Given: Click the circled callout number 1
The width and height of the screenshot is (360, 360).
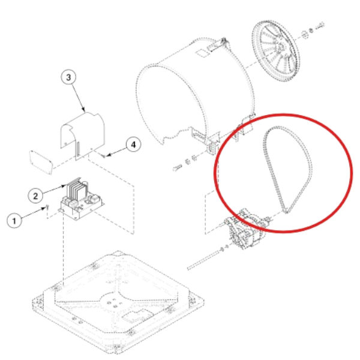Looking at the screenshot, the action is pyautogui.click(x=14, y=220).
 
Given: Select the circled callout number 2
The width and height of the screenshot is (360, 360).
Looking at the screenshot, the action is pyautogui.click(x=35, y=196).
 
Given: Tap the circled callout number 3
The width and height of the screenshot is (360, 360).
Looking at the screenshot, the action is pyautogui.click(x=68, y=77).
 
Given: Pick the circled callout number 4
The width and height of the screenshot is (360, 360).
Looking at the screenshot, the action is pyautogui.click(x=133, y=145).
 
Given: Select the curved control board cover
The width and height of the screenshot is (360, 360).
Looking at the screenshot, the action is pyautogui.click(x=83, y=136).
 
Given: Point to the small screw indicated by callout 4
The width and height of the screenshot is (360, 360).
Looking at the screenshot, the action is pyautogui.click(x=103, y=156).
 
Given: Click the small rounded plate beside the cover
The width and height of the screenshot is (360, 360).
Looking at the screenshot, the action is pyautogui.click(x=41, y=163).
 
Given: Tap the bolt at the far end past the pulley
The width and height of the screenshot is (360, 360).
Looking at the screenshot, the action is pyautogui.click(x=320, y=26).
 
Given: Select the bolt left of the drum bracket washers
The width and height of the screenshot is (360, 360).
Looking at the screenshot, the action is pyautogui.click(x=177, y=167).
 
